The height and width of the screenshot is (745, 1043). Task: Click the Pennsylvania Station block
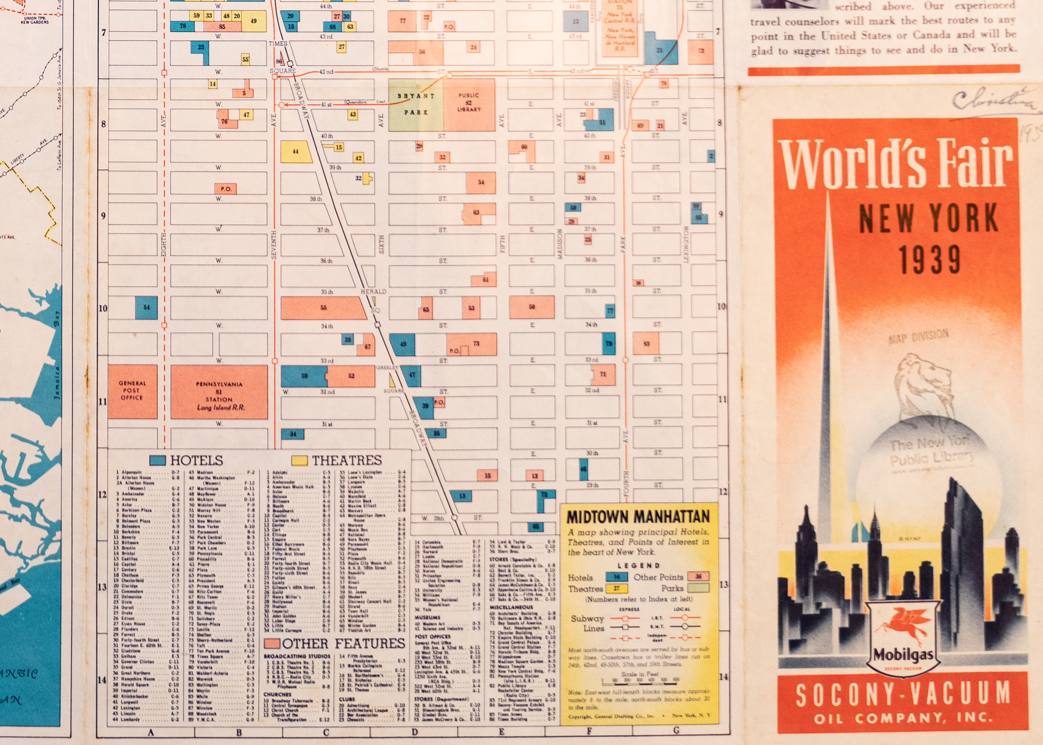click(219, 392)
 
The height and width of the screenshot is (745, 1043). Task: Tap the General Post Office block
click(132, 391)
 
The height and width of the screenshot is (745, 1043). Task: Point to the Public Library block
click(469, 105)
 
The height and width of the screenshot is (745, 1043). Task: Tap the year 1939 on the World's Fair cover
click(929, 260)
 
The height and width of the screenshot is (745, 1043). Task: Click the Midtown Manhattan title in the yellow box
click(638, 517)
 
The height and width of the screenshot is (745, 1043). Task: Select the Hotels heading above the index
click(196, 460)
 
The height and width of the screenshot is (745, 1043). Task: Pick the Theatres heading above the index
click(346, 460)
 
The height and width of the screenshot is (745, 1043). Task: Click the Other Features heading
click(343, 643)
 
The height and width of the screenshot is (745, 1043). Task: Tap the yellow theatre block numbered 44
click(296, 151)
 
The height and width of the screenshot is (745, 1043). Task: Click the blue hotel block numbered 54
click(146, 307)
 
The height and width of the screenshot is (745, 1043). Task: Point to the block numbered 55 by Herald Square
click(324, 307)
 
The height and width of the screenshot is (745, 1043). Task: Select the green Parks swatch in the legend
click(699, 587)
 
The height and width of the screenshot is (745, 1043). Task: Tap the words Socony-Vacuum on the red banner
click(902, 694)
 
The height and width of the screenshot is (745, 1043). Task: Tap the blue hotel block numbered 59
click(303, 376)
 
